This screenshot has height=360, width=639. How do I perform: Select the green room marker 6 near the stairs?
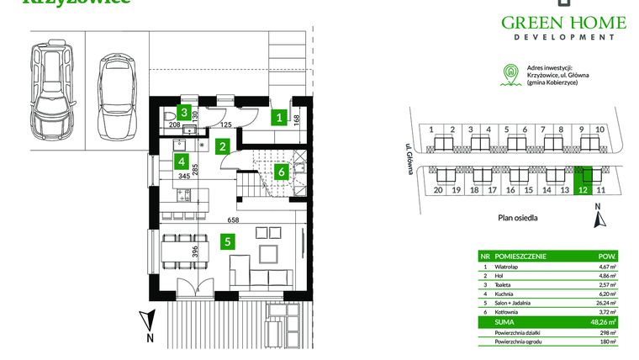[x=281, y=172]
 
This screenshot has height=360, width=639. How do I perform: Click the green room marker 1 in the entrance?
[x=278, y=119]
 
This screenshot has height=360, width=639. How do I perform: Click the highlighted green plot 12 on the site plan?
[x=582, y=176]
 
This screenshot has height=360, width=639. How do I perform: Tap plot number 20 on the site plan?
[x=438, y=191]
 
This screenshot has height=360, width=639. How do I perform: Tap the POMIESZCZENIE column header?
[x=520, y=256]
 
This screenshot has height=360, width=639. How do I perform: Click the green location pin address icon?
[x=507, y=75]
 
